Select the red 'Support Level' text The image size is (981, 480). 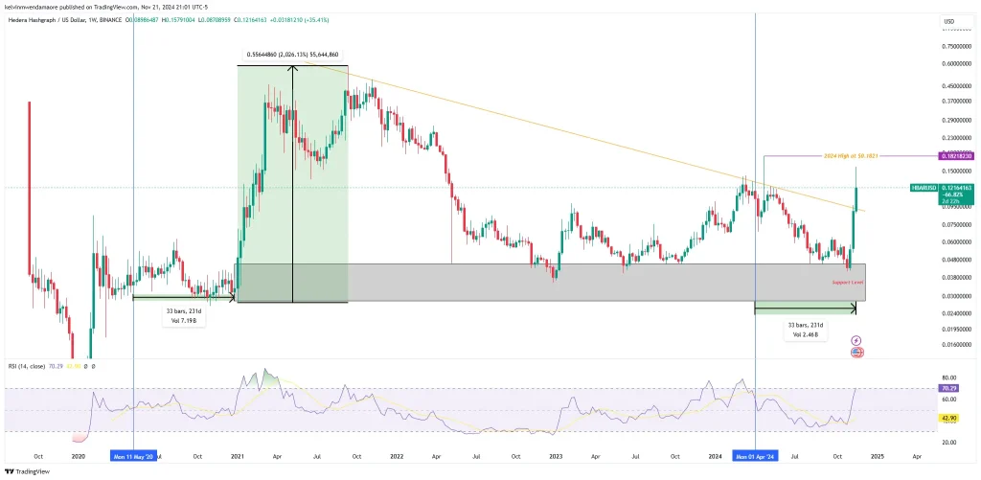point(848,284)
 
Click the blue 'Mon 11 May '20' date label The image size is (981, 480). point(132,457)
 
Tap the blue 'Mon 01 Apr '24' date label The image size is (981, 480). point(756,457)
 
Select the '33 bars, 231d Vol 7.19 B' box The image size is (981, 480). point(183,315)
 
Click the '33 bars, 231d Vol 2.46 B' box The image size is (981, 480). point(804,329)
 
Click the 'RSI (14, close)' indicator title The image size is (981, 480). point(26,365)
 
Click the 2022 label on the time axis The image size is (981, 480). point(397,457)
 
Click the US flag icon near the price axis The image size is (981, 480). point(856,353)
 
